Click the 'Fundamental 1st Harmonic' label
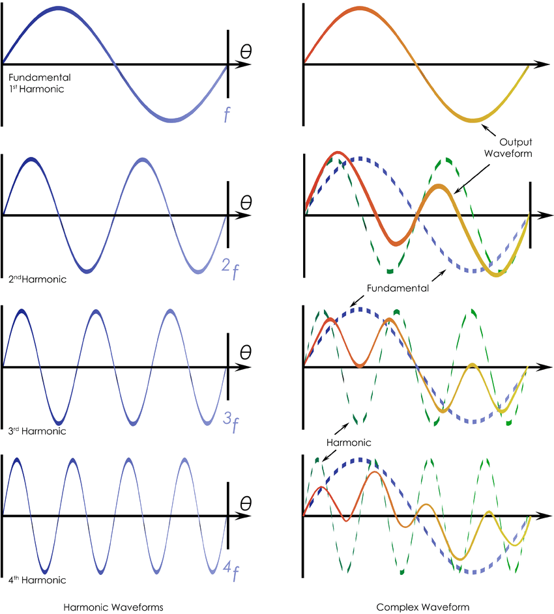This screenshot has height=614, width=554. click(x=36, y=83)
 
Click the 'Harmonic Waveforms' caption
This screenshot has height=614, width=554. click(x=113, y=607)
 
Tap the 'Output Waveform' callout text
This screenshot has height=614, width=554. click(x=516, y=148)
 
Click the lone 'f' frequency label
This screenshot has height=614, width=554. click(x=226, y=116)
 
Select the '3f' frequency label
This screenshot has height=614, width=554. click(x=230, y=425)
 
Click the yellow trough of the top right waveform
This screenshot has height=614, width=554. click(x=474, y=119)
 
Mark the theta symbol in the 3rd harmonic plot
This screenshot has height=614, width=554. click(x=246, y=352)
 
